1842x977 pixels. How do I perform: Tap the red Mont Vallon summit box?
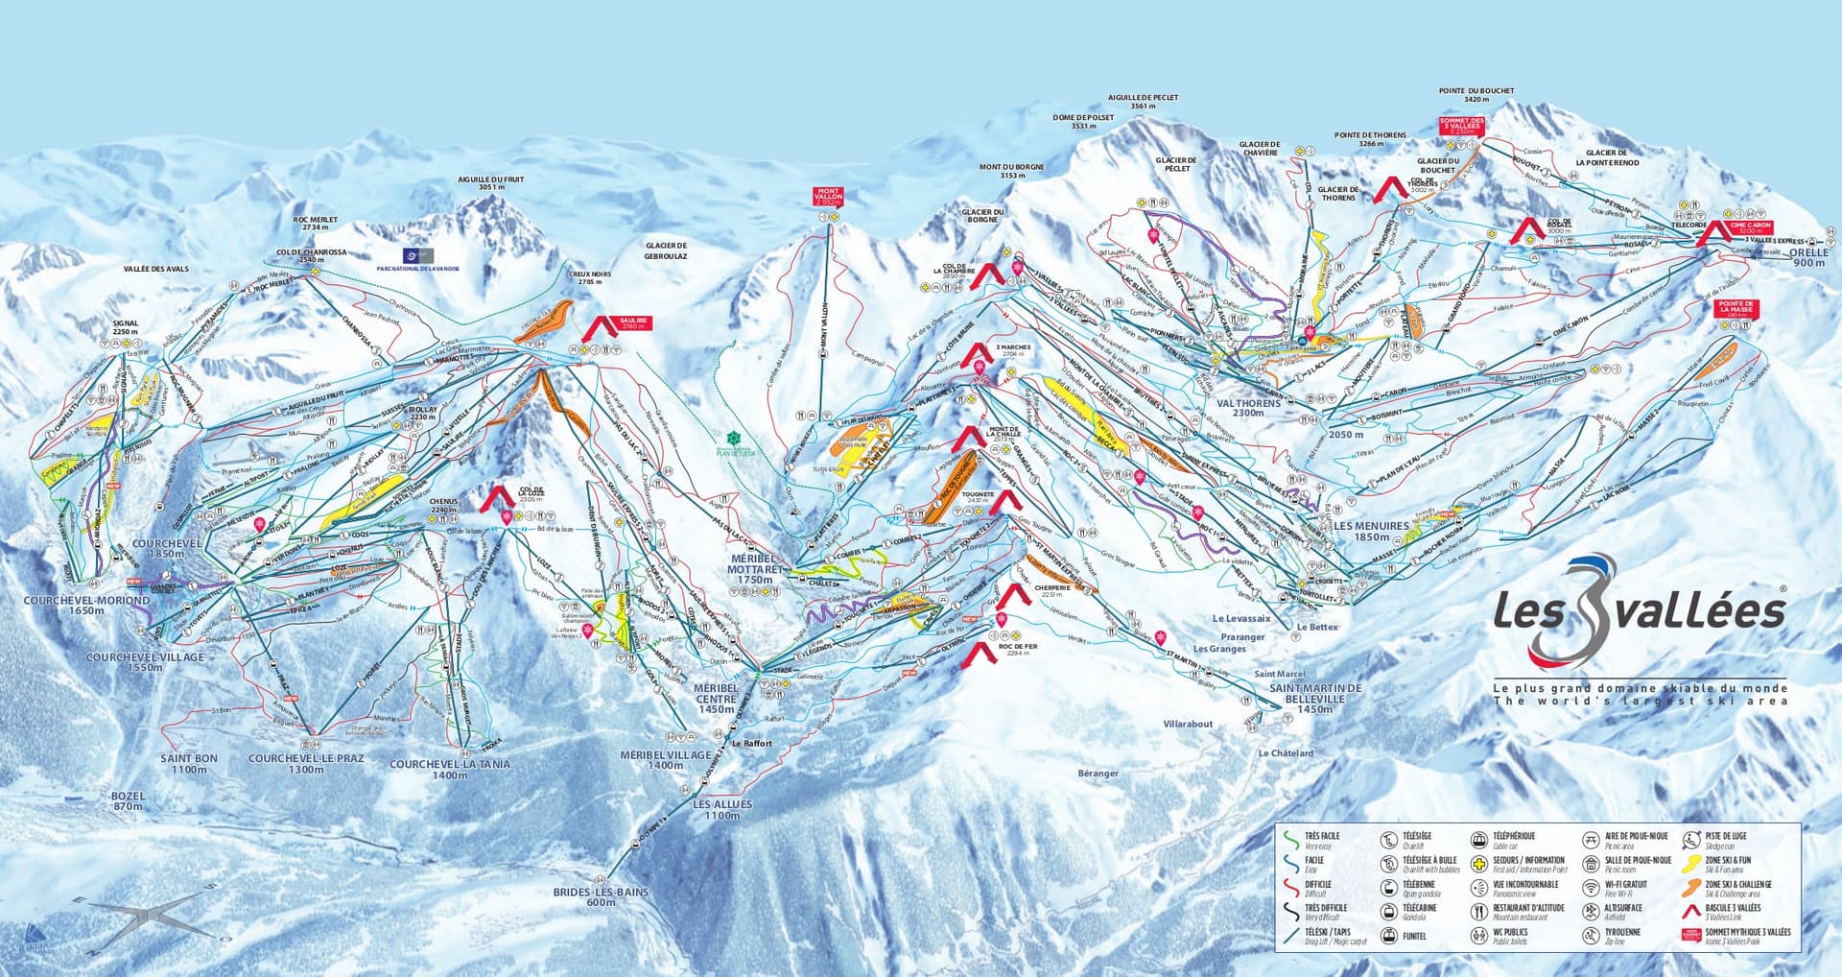pyautogui.click(x=827, y=198)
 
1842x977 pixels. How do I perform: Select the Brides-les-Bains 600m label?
pyautogui.click(x=601, y=896)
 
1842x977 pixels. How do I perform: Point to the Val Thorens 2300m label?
pyautogui.click(x=1248, y=408)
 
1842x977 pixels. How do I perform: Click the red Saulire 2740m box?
pyautogui.click(x=634, y=324)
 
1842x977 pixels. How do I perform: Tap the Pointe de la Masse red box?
pyautogui.click(x=1736, y=309)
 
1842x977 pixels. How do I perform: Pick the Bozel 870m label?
pyautogui.click(x=127, y=801)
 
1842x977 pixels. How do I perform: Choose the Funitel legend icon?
pyautogui.click(x=1387, y=935)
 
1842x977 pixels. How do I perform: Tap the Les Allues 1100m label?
pyautogui.click(x=722, y=810)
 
